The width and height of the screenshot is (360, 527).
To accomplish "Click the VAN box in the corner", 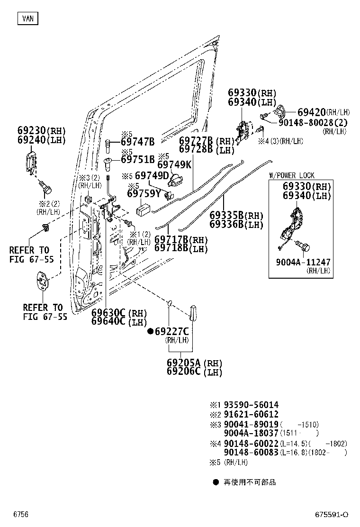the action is [28, 18].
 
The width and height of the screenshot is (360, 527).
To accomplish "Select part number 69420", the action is [312, 112].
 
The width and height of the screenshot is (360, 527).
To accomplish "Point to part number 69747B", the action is [138, 142].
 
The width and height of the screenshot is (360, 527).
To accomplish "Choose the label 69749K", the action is [174, 165].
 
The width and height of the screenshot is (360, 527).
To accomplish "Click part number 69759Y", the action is [144, 193].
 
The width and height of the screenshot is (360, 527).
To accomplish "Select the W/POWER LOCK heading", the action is [292, 175].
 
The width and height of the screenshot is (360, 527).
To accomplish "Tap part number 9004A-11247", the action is [303, 262].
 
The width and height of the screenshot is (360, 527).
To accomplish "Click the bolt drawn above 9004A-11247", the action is [303, 246].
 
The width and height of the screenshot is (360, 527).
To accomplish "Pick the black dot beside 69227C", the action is [151, 332].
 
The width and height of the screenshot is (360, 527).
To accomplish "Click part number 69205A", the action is [184, 363].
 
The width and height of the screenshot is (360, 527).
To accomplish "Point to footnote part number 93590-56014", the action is [251, 405].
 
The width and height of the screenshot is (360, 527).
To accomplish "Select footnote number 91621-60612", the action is [251, 414].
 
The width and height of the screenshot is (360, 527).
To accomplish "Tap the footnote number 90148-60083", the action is [251, 453].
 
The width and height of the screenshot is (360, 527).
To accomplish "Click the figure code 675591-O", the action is [332, 515].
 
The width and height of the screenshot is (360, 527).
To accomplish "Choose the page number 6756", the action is [21, 515].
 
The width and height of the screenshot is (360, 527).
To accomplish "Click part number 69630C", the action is [108, 313].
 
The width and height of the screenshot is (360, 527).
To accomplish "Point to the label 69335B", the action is [227, 216].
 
